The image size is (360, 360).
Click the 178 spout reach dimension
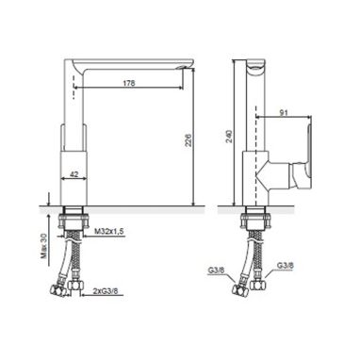pyautogui.click(x=129, y=83)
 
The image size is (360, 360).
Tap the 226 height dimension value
pyautogui.click(x=188, y=139)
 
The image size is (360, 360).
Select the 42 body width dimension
pyautogui.click(x=74, y=174)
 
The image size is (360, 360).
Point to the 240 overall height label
pyautogui.click(x=229, y=137)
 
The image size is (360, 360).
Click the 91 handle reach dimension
pyautogui.click(x=284, y=113)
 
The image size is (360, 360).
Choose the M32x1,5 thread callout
pyautogui.click(x=109, y=232)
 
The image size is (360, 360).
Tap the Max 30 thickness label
pyautogui.click(x=46, y=245)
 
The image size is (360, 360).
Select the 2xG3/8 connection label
pyautogui.click(x=106, y=291)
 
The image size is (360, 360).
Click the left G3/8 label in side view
pyautogui.click(x=215, y=270)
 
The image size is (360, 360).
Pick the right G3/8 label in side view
pyautogui.click(x=286, y=266)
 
